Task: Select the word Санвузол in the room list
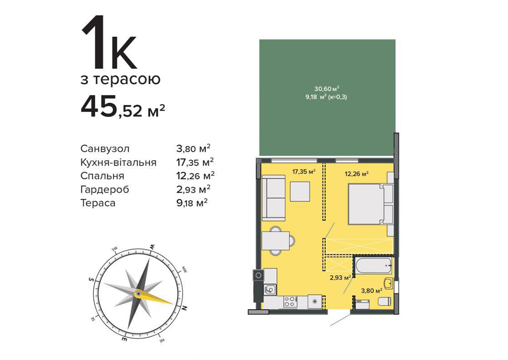(105, 149)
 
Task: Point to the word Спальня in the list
(103, 176)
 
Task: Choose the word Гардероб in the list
(104, 190)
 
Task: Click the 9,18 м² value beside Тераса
(192, 203)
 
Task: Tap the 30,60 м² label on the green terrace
(326, 89)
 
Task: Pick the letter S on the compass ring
(91, 279)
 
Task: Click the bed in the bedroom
(370, 204)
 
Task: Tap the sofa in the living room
(274, 198)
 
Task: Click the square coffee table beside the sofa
(300, 192)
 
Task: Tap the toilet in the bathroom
(385, 301)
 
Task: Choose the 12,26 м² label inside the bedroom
(356, 174)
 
